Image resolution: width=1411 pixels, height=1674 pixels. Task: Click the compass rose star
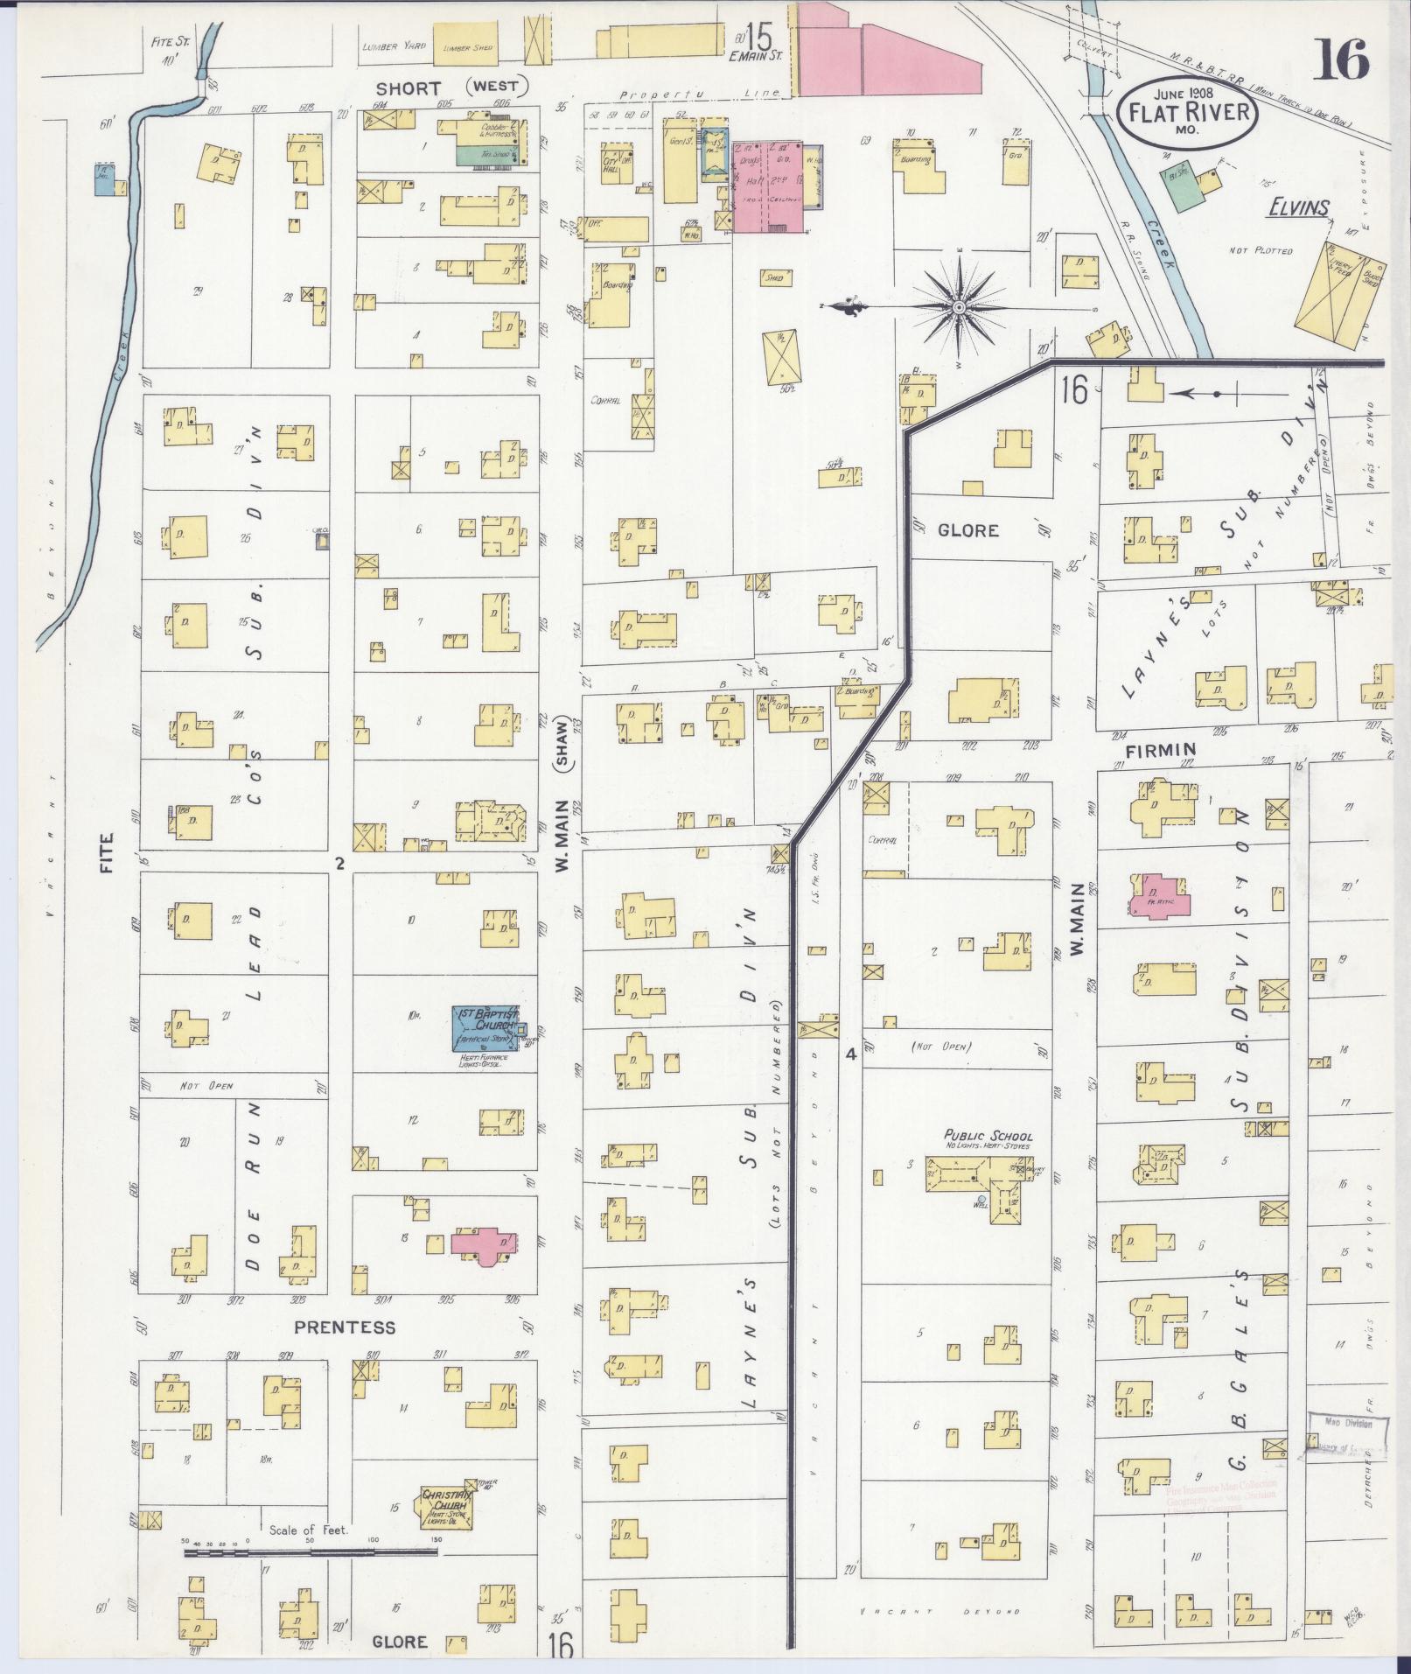[x=960, y=307]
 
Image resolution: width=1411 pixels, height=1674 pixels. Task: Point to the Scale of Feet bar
[x=311, y=1553]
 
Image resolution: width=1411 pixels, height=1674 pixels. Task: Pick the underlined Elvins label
[x=1299, y=208]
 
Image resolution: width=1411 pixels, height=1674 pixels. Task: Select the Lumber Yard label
[x=386, y=49]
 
